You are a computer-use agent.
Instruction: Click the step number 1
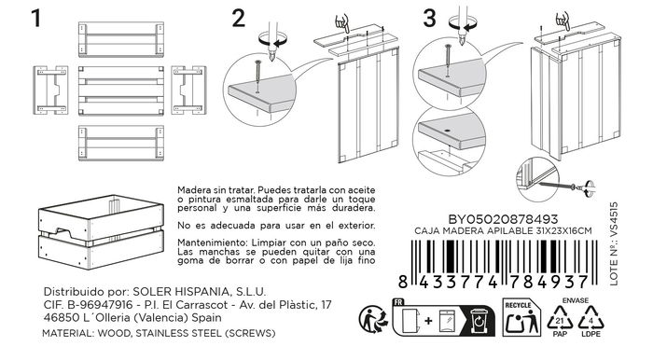pyautogui.click(x=37, y=19)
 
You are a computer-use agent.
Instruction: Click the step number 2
pyautogui.click(x=240, y=19)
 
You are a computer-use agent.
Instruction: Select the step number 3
pyautogui.click(x=429, y=19)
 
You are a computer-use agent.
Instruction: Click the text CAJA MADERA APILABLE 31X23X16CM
pyautogui.click(x=506, y=229)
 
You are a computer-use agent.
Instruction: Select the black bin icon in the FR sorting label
pyautogui.click(x=479, y=319)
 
